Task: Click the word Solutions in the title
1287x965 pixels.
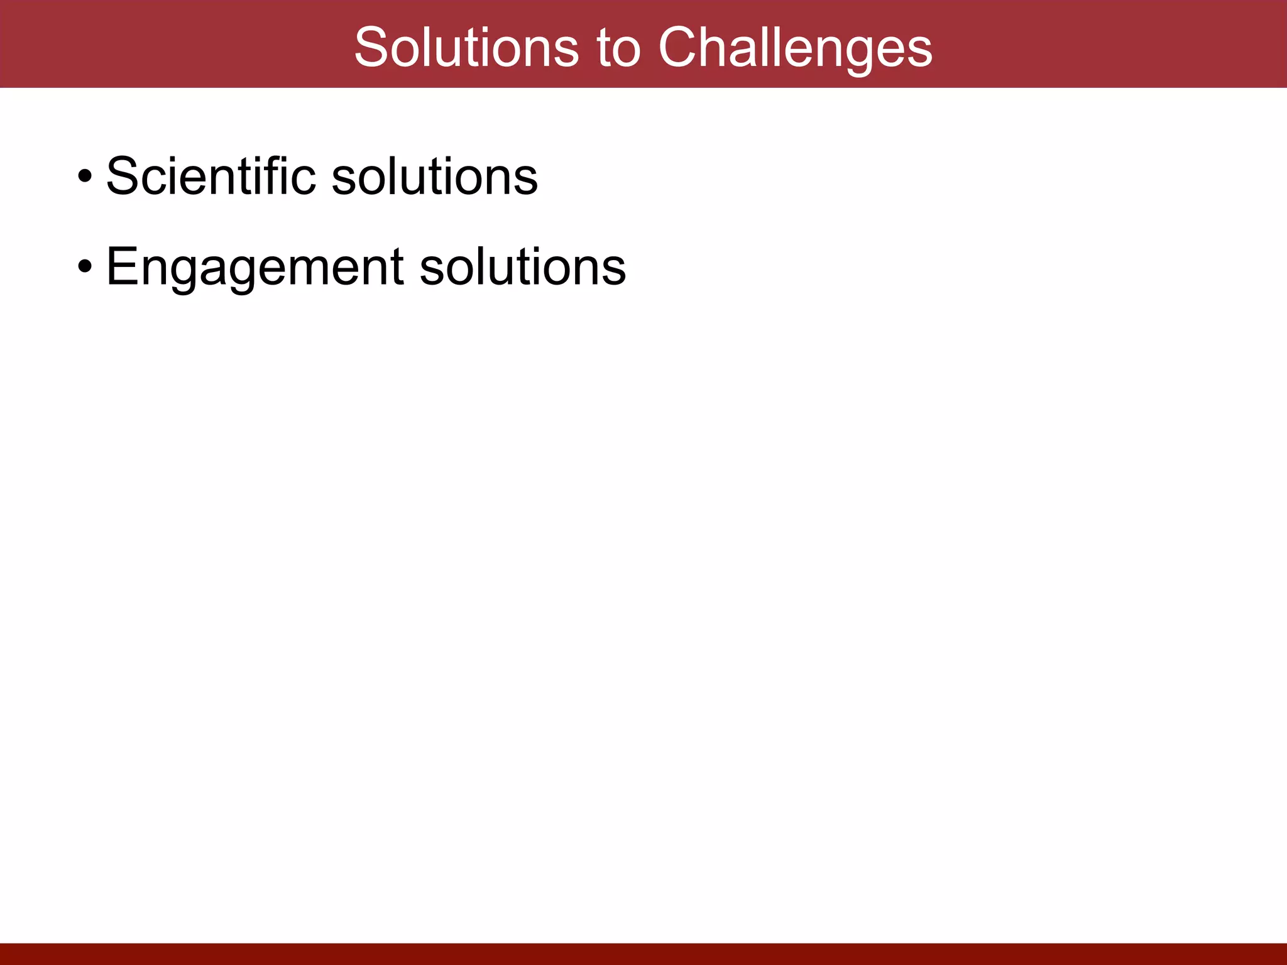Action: click(x=466, y=48)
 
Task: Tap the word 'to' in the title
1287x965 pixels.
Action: click(x=618, y=48)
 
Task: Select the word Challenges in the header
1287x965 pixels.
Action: click(x=795, y=48)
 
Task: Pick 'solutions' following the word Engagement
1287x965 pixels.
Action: click(x=522, y=266)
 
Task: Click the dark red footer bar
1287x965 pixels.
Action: click(x=643, y=954)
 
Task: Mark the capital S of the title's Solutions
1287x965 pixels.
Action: click(x=372, y=48)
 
